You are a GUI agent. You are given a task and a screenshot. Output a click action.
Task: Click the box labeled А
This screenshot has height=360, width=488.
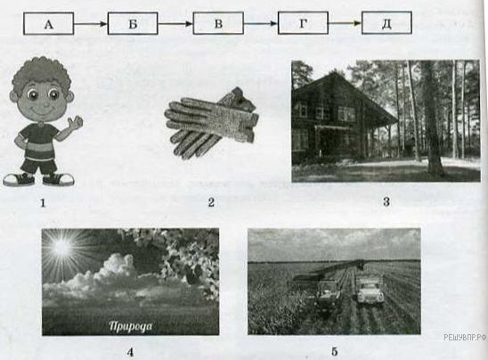tap(49, 23)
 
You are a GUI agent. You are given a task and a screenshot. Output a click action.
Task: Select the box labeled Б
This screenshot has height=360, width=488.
tap(133, 23)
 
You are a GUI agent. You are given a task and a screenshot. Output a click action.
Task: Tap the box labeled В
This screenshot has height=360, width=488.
tap(218, 23)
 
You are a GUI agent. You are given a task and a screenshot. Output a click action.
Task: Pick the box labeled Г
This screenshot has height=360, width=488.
tap(303, 23)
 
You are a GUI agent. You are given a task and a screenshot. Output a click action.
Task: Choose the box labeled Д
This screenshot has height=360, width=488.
tap(386, 23)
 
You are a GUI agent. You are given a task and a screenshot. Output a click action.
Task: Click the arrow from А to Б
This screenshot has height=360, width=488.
tap(91, 24)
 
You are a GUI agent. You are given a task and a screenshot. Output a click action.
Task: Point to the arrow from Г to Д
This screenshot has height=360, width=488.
tap(345, 23)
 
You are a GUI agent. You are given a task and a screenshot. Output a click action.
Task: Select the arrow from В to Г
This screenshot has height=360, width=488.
tap(261, 23)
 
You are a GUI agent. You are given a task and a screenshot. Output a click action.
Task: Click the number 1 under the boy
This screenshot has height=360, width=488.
tap(43, 203)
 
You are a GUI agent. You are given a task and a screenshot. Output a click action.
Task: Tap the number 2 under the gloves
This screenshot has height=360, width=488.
tap(211, 202)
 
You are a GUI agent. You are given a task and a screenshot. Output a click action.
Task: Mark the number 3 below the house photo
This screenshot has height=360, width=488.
tap(386, 201)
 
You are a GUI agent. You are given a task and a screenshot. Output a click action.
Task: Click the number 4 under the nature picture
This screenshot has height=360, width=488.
tap(130, 352)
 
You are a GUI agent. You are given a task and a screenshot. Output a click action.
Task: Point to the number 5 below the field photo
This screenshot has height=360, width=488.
tap(334, 352)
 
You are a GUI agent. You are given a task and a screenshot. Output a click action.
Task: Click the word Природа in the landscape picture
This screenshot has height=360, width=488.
tap(131, 326)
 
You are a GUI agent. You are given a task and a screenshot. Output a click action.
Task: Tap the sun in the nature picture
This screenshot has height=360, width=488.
tap(61, 247)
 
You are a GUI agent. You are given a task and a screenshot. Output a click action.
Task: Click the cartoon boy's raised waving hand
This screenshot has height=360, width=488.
tap(76, 122)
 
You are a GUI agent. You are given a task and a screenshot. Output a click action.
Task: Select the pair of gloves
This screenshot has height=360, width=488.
tap(212, 123)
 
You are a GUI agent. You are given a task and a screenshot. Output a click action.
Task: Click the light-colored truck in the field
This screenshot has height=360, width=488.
tap(370, 290)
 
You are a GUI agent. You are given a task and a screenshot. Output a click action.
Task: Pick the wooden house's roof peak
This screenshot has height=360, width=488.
tap(334, 73)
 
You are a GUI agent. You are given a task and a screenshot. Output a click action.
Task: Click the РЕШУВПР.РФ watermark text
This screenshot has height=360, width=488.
tap(466, 337)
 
